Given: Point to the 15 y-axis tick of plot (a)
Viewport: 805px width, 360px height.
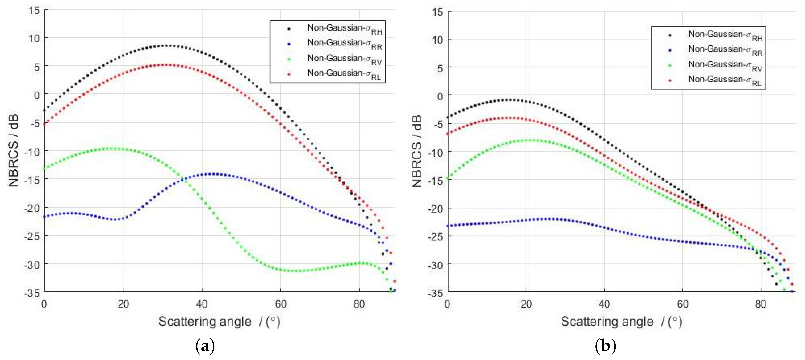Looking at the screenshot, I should click(34, 10).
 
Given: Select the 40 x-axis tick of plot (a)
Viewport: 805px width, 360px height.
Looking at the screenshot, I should click(202, 304).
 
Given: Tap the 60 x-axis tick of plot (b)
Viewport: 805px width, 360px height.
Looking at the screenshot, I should click(683, 304).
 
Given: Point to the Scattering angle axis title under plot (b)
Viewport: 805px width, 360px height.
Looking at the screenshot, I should click(621, 322).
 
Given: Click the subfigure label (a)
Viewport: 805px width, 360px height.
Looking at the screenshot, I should click(205, 346).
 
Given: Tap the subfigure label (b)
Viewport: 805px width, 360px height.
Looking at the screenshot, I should click(606, 346).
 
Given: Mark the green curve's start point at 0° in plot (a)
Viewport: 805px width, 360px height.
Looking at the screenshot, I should click(44, 169).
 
